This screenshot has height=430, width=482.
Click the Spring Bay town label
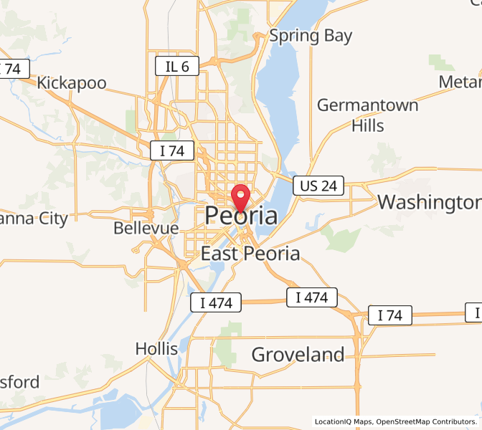coord(311,35)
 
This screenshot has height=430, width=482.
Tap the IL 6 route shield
coord(176,67)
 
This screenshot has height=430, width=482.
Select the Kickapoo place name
coord(72,83)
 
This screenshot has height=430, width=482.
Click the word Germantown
coord(368,105)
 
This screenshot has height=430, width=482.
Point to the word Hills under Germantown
coord(368,126)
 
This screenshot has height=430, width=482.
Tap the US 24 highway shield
coord(319,186)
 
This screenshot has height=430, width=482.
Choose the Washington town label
coord(428,202)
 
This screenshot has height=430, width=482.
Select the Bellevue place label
coord(146,228)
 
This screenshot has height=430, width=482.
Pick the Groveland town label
coord(298,354)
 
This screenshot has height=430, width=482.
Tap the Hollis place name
coord(156,349)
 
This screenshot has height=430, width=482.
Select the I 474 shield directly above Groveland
coord(311,297)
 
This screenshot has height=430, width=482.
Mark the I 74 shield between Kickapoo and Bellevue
coord(172,150)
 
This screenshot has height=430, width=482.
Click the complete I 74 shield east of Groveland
coord(390,315)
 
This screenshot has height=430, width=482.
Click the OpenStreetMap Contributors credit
coord(425,421)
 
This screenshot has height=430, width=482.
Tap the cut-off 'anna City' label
coord(34,219)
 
